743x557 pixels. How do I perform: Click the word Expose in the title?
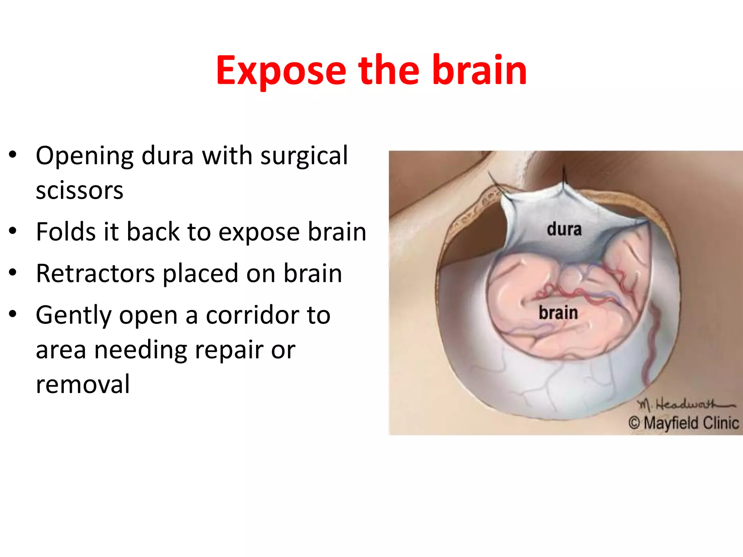click(281, 71)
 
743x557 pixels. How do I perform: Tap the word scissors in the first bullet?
click(79, 190)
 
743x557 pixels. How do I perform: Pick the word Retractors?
click(95, 273)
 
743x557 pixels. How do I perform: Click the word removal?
click(83, 384)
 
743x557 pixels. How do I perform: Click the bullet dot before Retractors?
click(13, 273)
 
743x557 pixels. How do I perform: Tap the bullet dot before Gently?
click(13, 314)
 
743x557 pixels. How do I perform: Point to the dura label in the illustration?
click(564, 230)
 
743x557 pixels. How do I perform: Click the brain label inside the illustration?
click(558, 313)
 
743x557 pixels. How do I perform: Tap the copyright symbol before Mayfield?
click(634, 423)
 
